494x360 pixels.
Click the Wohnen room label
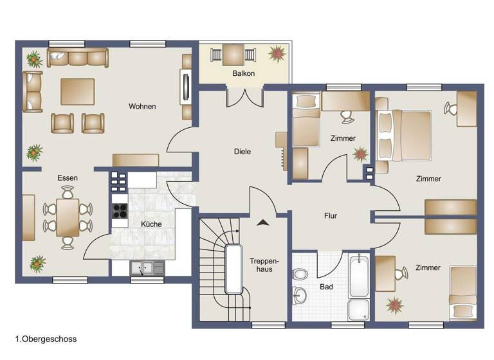pyautogui.click(x=142, y=106)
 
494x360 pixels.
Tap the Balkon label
pyautogui.click(x=244, y=73)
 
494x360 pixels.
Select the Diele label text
pyautogui.click(x=242, y=152)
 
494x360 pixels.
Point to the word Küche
pyautogui.click(x=152, y=224)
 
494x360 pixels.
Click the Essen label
pyautogui.click(x=68, y=177)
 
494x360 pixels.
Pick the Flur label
pyautogui.click(x=331, y=216)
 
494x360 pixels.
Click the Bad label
pyautogui.click(x=326, y=287)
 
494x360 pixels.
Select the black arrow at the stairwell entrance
pyautogui.click(x=262, y=222)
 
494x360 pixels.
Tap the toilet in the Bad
pyautogui.click(x=300, y=274)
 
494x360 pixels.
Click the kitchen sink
pyautogui.click(x=147, y=268)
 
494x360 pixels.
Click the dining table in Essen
pyautogui.click(x=68, y=217)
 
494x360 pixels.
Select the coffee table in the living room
pyautogui.click(x=78, y=91)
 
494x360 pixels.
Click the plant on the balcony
pyautogui.click(x=278, y=52)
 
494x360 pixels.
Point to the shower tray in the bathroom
pyautogui.click(x=358, y=310)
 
